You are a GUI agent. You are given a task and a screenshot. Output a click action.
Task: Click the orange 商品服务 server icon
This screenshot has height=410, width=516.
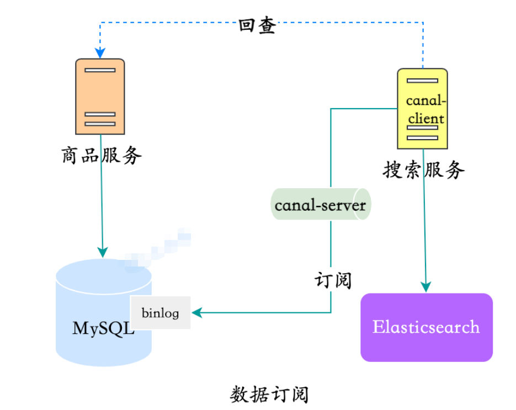click(x=100, y=97)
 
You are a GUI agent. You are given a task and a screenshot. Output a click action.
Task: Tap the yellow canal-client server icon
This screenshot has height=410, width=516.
click(x=423, y=109)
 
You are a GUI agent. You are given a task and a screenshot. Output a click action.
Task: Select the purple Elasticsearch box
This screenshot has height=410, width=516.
click(x=426, y=327)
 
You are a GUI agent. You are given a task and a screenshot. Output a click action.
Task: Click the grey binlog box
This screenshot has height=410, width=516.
click(x=161, y=313)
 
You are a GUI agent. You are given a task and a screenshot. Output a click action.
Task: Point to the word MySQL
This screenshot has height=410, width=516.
click(x=103, y=328)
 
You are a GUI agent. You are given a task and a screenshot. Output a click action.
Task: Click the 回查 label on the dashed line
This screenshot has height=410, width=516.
click(x=257, y=25)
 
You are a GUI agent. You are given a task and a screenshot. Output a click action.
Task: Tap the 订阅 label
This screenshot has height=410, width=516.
click(x=333, y=280)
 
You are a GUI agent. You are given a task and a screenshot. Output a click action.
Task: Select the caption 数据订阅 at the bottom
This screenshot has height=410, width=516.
click(x=269, y=395)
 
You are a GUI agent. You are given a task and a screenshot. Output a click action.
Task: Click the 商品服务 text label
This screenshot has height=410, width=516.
click(x=102, y=156)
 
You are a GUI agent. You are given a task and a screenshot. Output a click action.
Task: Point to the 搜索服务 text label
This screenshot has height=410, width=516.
click(x=424, y=170)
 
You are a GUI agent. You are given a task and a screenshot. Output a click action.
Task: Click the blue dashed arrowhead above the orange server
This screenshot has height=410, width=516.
click(x=100, y=53)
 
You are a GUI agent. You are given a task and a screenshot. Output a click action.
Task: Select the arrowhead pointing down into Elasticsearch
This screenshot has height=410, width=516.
click(x=425, y=286)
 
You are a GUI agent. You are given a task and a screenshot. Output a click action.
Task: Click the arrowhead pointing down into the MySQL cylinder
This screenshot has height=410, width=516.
click(x=103, y=252)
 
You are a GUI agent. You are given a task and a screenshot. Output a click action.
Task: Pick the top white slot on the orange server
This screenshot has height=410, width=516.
click(x=100, y=70)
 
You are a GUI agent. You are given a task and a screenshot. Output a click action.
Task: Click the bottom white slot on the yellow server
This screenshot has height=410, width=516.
click(x=422, y=137)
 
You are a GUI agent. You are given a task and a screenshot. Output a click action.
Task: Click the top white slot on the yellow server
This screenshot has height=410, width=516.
click(x=422, y=81)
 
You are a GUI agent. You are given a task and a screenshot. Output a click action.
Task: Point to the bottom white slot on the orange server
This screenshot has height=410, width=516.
click(x=100, y=124)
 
